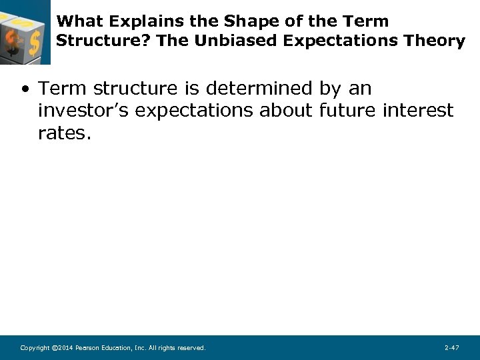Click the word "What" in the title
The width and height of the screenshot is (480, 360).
click(x=76, y=21)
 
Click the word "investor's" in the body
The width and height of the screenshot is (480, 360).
click(x=83, y=111)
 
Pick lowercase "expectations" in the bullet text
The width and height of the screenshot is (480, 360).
click(x=194, y=111)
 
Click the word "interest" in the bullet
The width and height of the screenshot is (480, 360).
click(x=418, y=111)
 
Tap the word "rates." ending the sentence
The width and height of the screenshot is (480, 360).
click(x=63, y=133)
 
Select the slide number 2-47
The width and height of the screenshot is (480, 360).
click(x=451, y=348)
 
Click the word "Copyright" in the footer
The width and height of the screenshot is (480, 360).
click(x=34, y=348)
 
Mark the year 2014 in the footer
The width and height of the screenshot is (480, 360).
click(x=65, y=348)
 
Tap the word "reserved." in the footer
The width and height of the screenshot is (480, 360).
click(x=192, y=348)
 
